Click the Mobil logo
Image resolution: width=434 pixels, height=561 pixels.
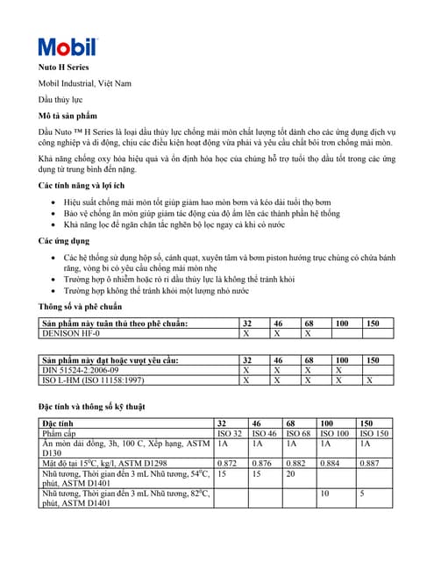pos(67,46)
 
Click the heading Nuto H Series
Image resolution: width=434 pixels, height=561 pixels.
pos(63,67)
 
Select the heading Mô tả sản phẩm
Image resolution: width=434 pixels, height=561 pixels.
pos(68,116)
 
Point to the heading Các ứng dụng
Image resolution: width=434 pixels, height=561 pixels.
pos(63,240)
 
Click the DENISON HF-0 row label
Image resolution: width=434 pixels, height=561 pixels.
pos(72,334)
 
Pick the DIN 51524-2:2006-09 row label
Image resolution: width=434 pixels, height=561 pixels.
pos(84,371)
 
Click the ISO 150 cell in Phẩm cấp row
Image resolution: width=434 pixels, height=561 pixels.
pos(374,434)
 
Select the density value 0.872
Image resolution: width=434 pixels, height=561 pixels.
pos(226,462)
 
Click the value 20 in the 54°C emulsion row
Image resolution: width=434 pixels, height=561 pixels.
pos(292,472)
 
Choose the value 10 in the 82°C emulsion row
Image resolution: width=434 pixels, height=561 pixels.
pos(324,494)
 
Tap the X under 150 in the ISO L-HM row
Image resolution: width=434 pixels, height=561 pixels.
pos(368,380)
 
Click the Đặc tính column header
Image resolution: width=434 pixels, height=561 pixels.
pos(58,423)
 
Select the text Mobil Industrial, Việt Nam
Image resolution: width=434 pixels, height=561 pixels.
pos(84,83)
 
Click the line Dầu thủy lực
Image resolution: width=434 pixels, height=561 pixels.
pos(60,100)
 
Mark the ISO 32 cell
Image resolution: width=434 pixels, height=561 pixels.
pos(229,434)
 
